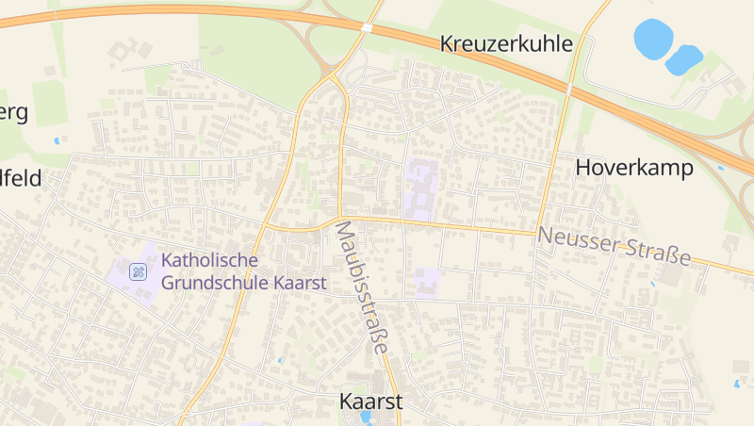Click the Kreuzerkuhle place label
[506, 43]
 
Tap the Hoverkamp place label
[634, 168]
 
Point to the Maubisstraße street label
[361, 287]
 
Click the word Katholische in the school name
[209, 260]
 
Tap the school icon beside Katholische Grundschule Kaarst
[139, 272]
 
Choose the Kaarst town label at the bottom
[370, 401]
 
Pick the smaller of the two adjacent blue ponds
[684, 59]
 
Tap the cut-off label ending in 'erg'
[13, 113]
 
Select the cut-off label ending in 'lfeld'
[21, 178]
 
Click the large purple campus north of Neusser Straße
[421, 188]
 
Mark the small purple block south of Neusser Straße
[428, 280]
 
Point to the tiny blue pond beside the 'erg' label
[57, 140]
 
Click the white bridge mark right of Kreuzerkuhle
[570, 89]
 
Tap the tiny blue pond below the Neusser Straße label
[652, 282]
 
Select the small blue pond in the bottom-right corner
[737, 384]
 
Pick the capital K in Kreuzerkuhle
[448, 43]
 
